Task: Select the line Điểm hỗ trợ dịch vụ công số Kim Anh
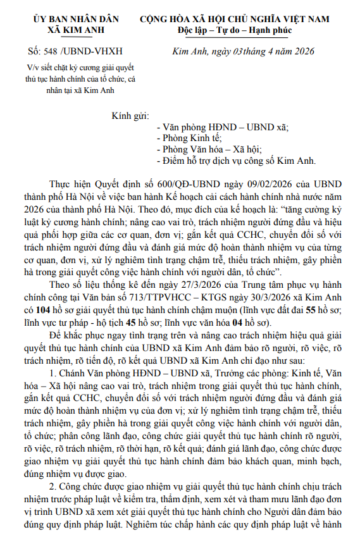point(235,161)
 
